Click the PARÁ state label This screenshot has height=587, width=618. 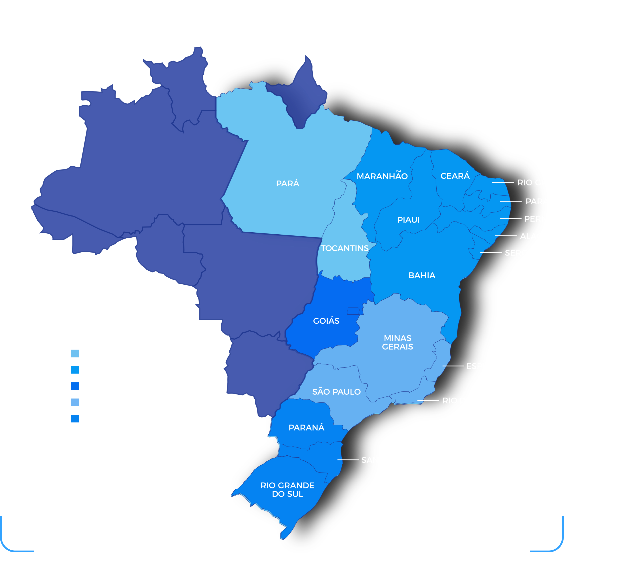(x=287, y=183)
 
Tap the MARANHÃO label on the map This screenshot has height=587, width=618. (x=382, y=176)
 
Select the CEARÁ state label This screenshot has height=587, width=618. (x=455, y=176)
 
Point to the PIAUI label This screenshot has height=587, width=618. (x=408, y=220)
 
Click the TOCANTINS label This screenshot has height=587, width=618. (x=344, y=248)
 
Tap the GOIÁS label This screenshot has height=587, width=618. (x=326, y=321)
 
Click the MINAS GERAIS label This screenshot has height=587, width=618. (x=397, y=342)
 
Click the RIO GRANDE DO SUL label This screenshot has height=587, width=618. (x=287, y=490)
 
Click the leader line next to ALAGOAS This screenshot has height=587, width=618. (x=506, y=236)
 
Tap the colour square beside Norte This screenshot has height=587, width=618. (x=75, y=354)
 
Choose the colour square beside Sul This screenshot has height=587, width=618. (x=75, y=419)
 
